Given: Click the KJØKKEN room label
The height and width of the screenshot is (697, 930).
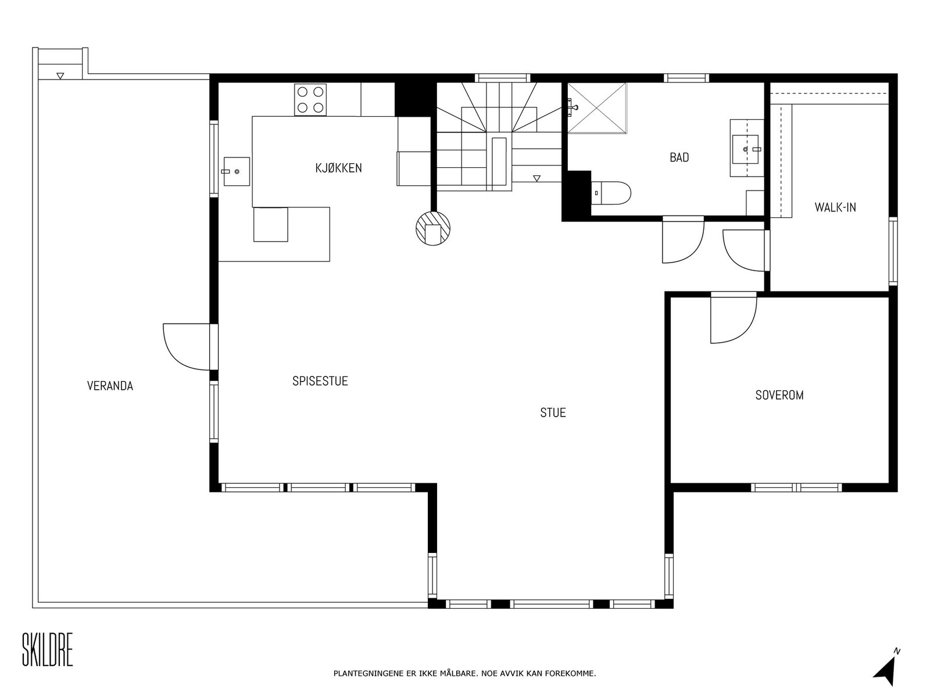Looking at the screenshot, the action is (x=338, y=168).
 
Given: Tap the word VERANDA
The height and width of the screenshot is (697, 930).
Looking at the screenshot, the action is (x=110, y=386).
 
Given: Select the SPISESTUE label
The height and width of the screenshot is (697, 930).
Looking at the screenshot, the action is (x=320, y=381).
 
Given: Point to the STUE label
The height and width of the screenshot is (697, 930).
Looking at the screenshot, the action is (x=553, y=412).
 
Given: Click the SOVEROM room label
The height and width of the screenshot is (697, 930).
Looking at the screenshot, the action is (x=779, y=395).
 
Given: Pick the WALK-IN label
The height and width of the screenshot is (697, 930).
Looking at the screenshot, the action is (x=835, y=207).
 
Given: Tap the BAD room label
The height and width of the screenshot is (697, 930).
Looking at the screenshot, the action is (x=679, y=157).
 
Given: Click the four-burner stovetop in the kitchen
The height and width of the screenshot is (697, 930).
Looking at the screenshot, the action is (x=310, y=99).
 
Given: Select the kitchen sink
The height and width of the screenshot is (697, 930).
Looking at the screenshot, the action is (x=236, y=171).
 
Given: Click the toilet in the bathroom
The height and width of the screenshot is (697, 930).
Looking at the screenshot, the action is (x=611, y=193).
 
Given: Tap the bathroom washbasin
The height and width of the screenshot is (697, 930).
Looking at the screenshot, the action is (x=745, y=149).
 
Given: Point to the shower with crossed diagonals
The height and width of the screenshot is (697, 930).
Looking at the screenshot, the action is (x=596, y=108).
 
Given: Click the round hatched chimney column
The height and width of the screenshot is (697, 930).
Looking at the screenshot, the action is (x=432, y=228).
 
